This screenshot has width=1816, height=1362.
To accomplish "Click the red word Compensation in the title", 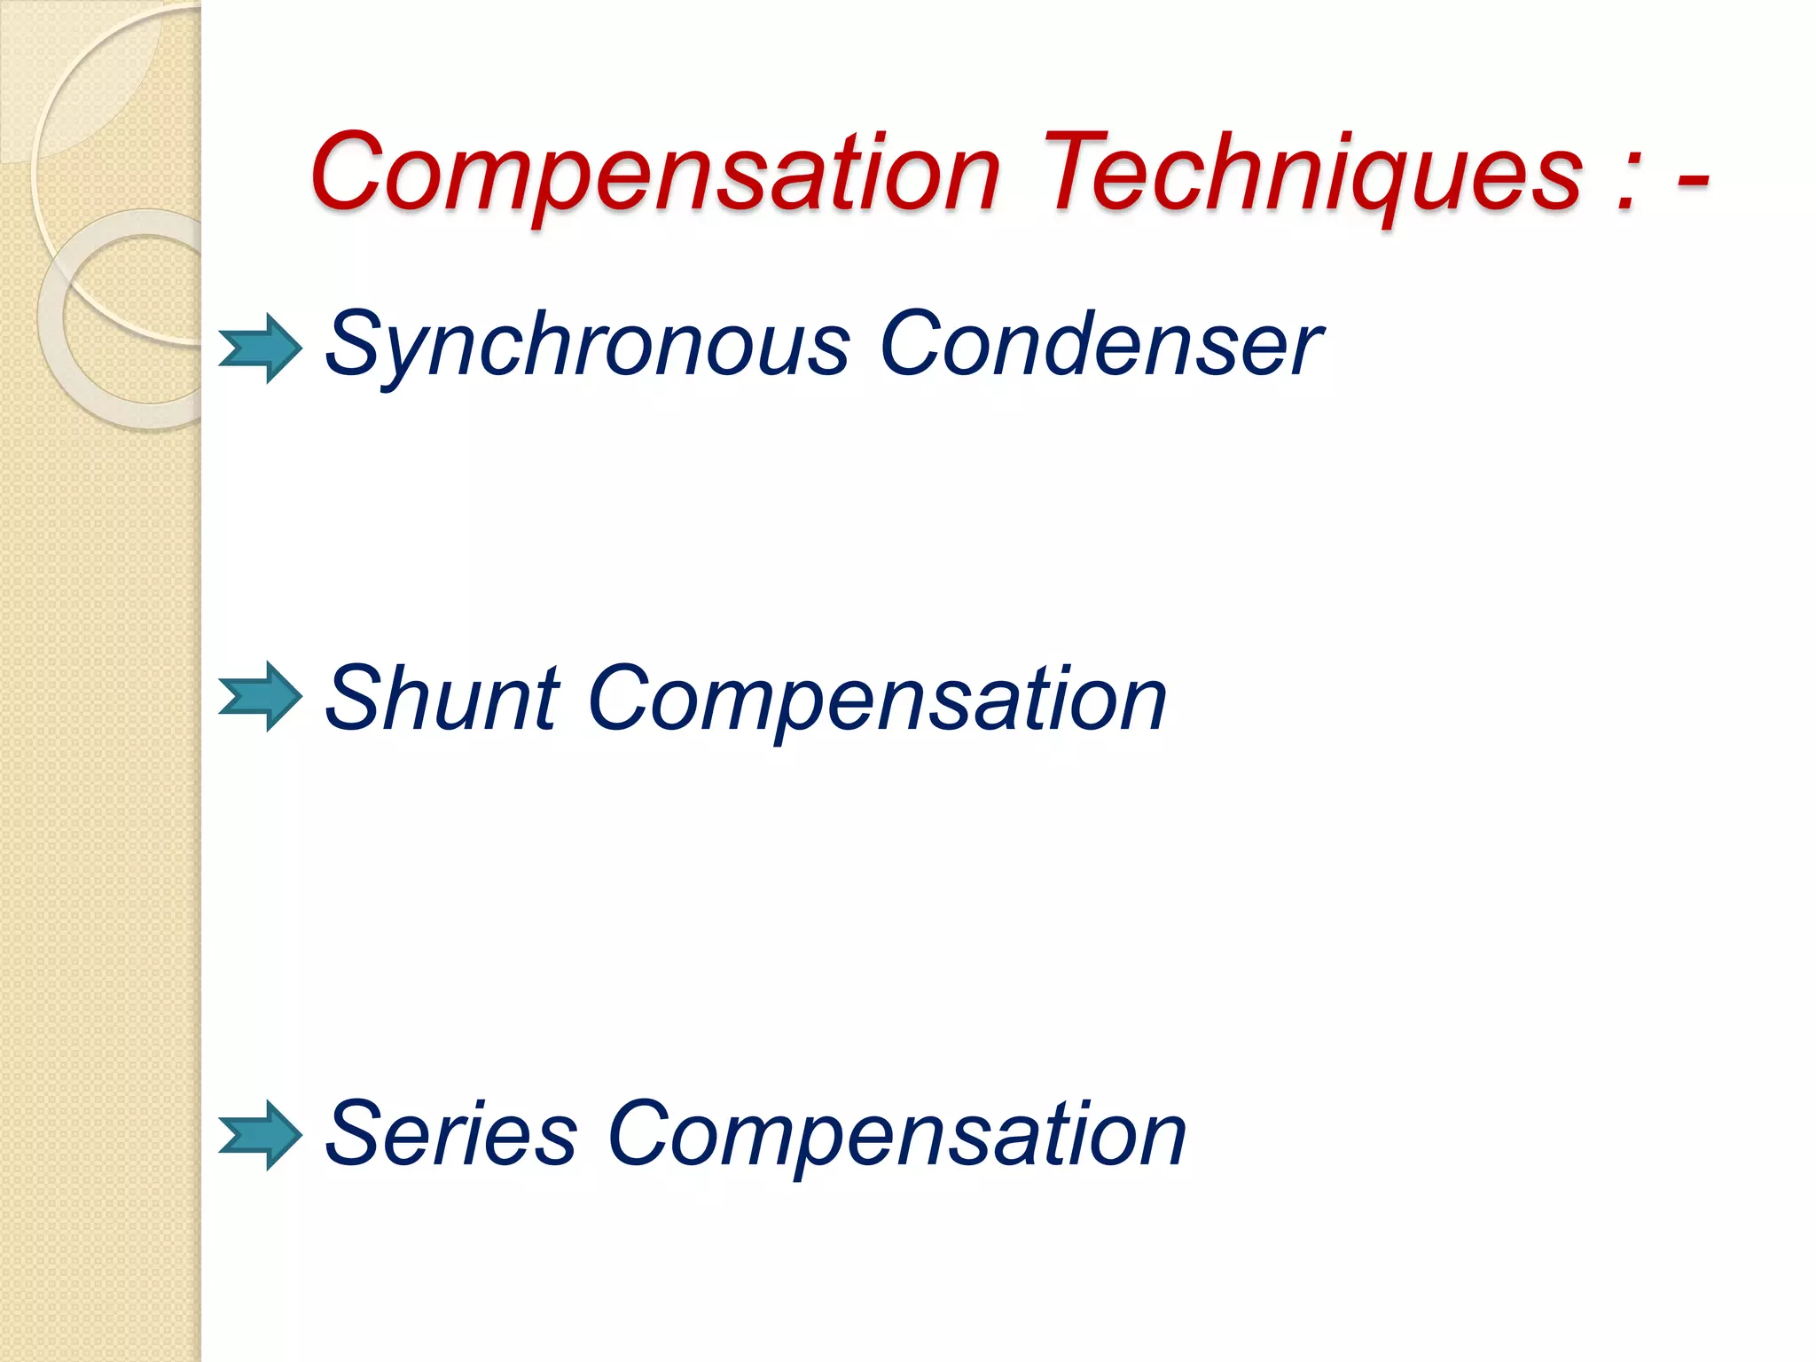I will click(x=655, y=173).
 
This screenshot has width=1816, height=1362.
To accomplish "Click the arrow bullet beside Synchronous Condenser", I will click(x=261, y=348).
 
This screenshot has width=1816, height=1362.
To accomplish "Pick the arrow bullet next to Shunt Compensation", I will click(x=261, y=696).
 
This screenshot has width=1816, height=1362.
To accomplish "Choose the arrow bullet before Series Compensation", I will click(x=261, y=1135).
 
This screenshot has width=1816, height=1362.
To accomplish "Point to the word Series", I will click(x=451, y=1135).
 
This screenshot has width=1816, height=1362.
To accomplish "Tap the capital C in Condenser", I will click(x=913, y=343).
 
